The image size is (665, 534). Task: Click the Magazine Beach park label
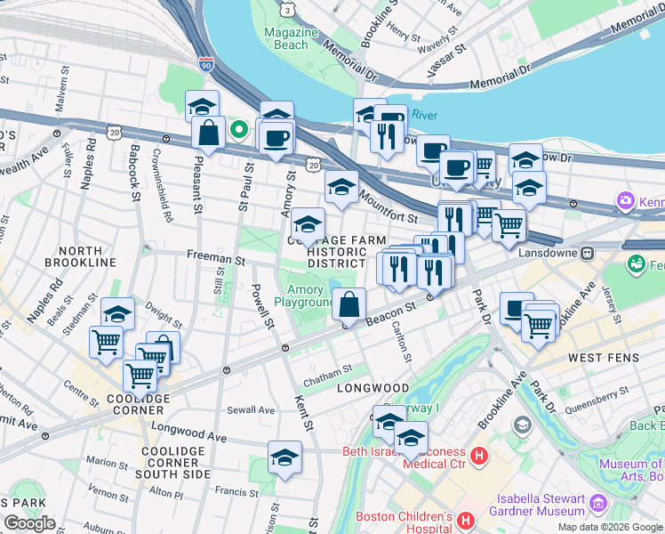point(291,38)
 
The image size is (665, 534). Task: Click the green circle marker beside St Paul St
point(238,129)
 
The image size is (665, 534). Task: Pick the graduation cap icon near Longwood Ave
point(284,457)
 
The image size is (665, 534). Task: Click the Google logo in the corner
point(30,523)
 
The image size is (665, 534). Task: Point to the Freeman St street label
point(215,258)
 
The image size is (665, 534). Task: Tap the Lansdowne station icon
point(588,253)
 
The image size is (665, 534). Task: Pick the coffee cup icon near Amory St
point(276,139)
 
